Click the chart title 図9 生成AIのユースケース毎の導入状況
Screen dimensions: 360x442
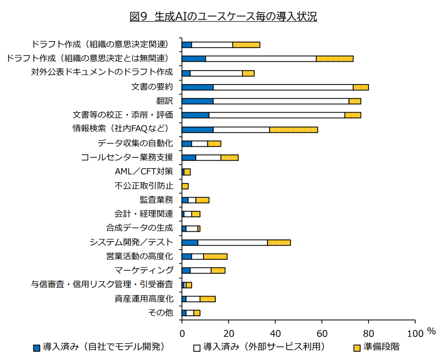point(223,17)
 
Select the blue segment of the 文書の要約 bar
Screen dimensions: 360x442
point(197,87)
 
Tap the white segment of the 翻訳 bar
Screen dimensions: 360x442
point(281,101)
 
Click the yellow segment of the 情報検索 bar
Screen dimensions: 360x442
point(294,130)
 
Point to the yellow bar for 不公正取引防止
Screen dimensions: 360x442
point(185,186)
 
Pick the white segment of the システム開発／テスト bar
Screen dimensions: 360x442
point(232,243)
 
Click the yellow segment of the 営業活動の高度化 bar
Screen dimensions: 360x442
point(215,257)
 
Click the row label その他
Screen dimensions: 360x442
point(161,313)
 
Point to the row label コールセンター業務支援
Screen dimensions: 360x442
point(127,157)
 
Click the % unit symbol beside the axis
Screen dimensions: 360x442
point(431,332)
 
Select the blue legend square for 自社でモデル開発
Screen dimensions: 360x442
point(37,348)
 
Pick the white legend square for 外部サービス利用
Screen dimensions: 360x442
point(197,348)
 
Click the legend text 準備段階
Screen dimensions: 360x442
point(381,347)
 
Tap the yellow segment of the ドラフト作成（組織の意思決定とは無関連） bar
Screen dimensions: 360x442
point(334,59)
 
